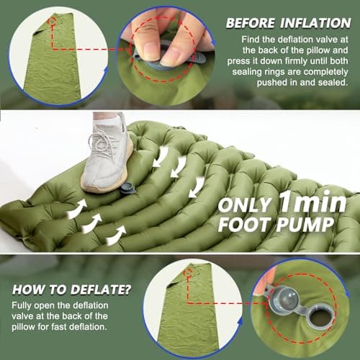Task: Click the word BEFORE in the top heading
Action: [x=251, y=23]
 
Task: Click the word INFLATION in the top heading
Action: [x=315, y=23]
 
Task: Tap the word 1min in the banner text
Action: [x=313, y=203]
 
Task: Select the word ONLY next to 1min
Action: [x=245, y=205]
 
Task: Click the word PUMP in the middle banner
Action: [x=305, y=225]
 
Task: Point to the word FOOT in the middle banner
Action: [x=245, y=225]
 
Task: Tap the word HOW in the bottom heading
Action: [x=29, y=289]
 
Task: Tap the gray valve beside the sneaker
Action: [x=128, y=188]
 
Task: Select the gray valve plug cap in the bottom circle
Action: [x=284, y=300]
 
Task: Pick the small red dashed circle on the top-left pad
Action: [x=53, y=22]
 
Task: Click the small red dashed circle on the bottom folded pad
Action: [x=188, y=273]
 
